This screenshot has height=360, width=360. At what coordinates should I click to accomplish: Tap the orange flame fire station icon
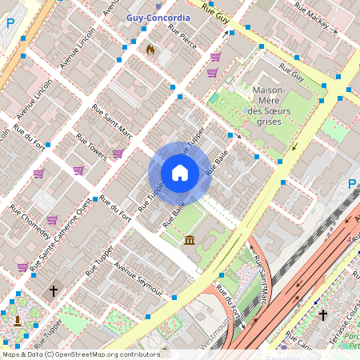pyautogui.click(x=150, y=49)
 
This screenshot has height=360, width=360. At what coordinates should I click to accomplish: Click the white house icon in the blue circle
pyautogui.click(x=180, y=173)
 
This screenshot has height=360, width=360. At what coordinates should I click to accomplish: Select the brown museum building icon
pyautogui.click(x=190, y=240)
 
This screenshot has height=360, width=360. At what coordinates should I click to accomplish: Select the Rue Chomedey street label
pyautogui.click(x=30, y=224)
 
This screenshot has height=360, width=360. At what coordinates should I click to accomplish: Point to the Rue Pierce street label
pyautogui.click(x=182, y=36)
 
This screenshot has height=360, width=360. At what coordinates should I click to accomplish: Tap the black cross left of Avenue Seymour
pyautogui.click(x=54, y=292)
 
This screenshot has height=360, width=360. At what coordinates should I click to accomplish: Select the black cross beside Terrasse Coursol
pyautogui.click(x=323, y=315)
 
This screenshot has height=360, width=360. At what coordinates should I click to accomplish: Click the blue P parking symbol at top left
pyautogui.click(x=10, y=24)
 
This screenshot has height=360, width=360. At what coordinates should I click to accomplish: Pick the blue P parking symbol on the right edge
pyautogui.click(x=351, y=185)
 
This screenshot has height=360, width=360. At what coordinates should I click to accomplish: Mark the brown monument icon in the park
pyautogui.click(x=18, y=321)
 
